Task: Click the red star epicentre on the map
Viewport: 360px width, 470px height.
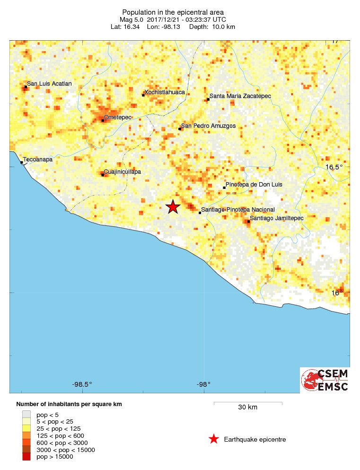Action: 173,207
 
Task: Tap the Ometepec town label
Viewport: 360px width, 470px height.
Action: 117,117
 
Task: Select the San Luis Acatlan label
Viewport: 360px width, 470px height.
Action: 49,84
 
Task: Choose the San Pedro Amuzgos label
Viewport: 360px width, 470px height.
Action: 208,126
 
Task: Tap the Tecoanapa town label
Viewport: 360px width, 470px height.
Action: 38,160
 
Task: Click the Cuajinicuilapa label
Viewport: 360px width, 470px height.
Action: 123,172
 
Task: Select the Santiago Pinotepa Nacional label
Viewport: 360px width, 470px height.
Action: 237,210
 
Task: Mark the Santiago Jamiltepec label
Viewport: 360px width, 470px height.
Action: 276,218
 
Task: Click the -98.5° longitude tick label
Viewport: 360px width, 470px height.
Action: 82,384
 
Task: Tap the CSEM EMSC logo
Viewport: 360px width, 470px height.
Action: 325,380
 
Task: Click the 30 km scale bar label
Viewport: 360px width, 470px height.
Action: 247,407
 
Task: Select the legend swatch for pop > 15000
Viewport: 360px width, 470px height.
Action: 26,457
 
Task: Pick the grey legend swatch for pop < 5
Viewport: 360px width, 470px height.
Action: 26,414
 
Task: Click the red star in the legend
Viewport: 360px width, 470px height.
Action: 214,439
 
